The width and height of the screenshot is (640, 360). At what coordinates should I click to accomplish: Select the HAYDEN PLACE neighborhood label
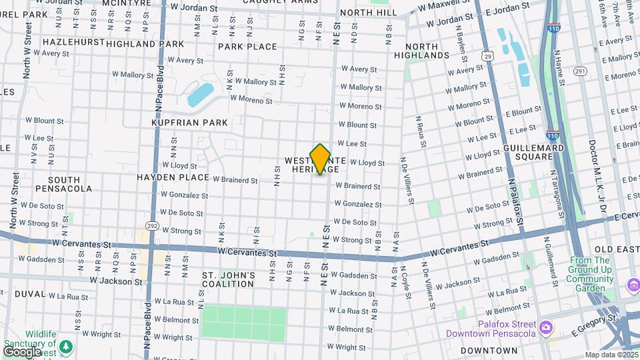click(169, 177)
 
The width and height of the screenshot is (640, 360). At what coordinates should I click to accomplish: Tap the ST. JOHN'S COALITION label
click(229, 279)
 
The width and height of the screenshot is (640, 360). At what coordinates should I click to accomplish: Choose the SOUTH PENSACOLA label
click(65, 184)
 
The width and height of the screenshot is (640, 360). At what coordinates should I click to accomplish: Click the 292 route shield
click(153, 225)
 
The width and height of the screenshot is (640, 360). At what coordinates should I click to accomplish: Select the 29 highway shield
click(488, 57)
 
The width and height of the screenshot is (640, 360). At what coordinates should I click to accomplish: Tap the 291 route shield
click(579, 71)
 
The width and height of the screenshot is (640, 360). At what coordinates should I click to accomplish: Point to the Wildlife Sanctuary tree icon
click(65, 345)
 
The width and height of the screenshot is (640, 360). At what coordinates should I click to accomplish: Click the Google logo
click(22, 352)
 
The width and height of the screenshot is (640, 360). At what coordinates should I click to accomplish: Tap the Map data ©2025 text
click(611, 355)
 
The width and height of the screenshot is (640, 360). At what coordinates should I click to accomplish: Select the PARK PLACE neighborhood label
click(247, 47)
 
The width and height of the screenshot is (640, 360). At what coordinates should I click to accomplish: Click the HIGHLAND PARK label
click(145, 44)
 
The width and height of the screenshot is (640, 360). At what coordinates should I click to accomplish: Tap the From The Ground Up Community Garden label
click(591, 274)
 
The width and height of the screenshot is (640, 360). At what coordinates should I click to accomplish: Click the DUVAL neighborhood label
click(30, 293)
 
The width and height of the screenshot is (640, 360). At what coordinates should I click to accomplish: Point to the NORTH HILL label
click(368, 13)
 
